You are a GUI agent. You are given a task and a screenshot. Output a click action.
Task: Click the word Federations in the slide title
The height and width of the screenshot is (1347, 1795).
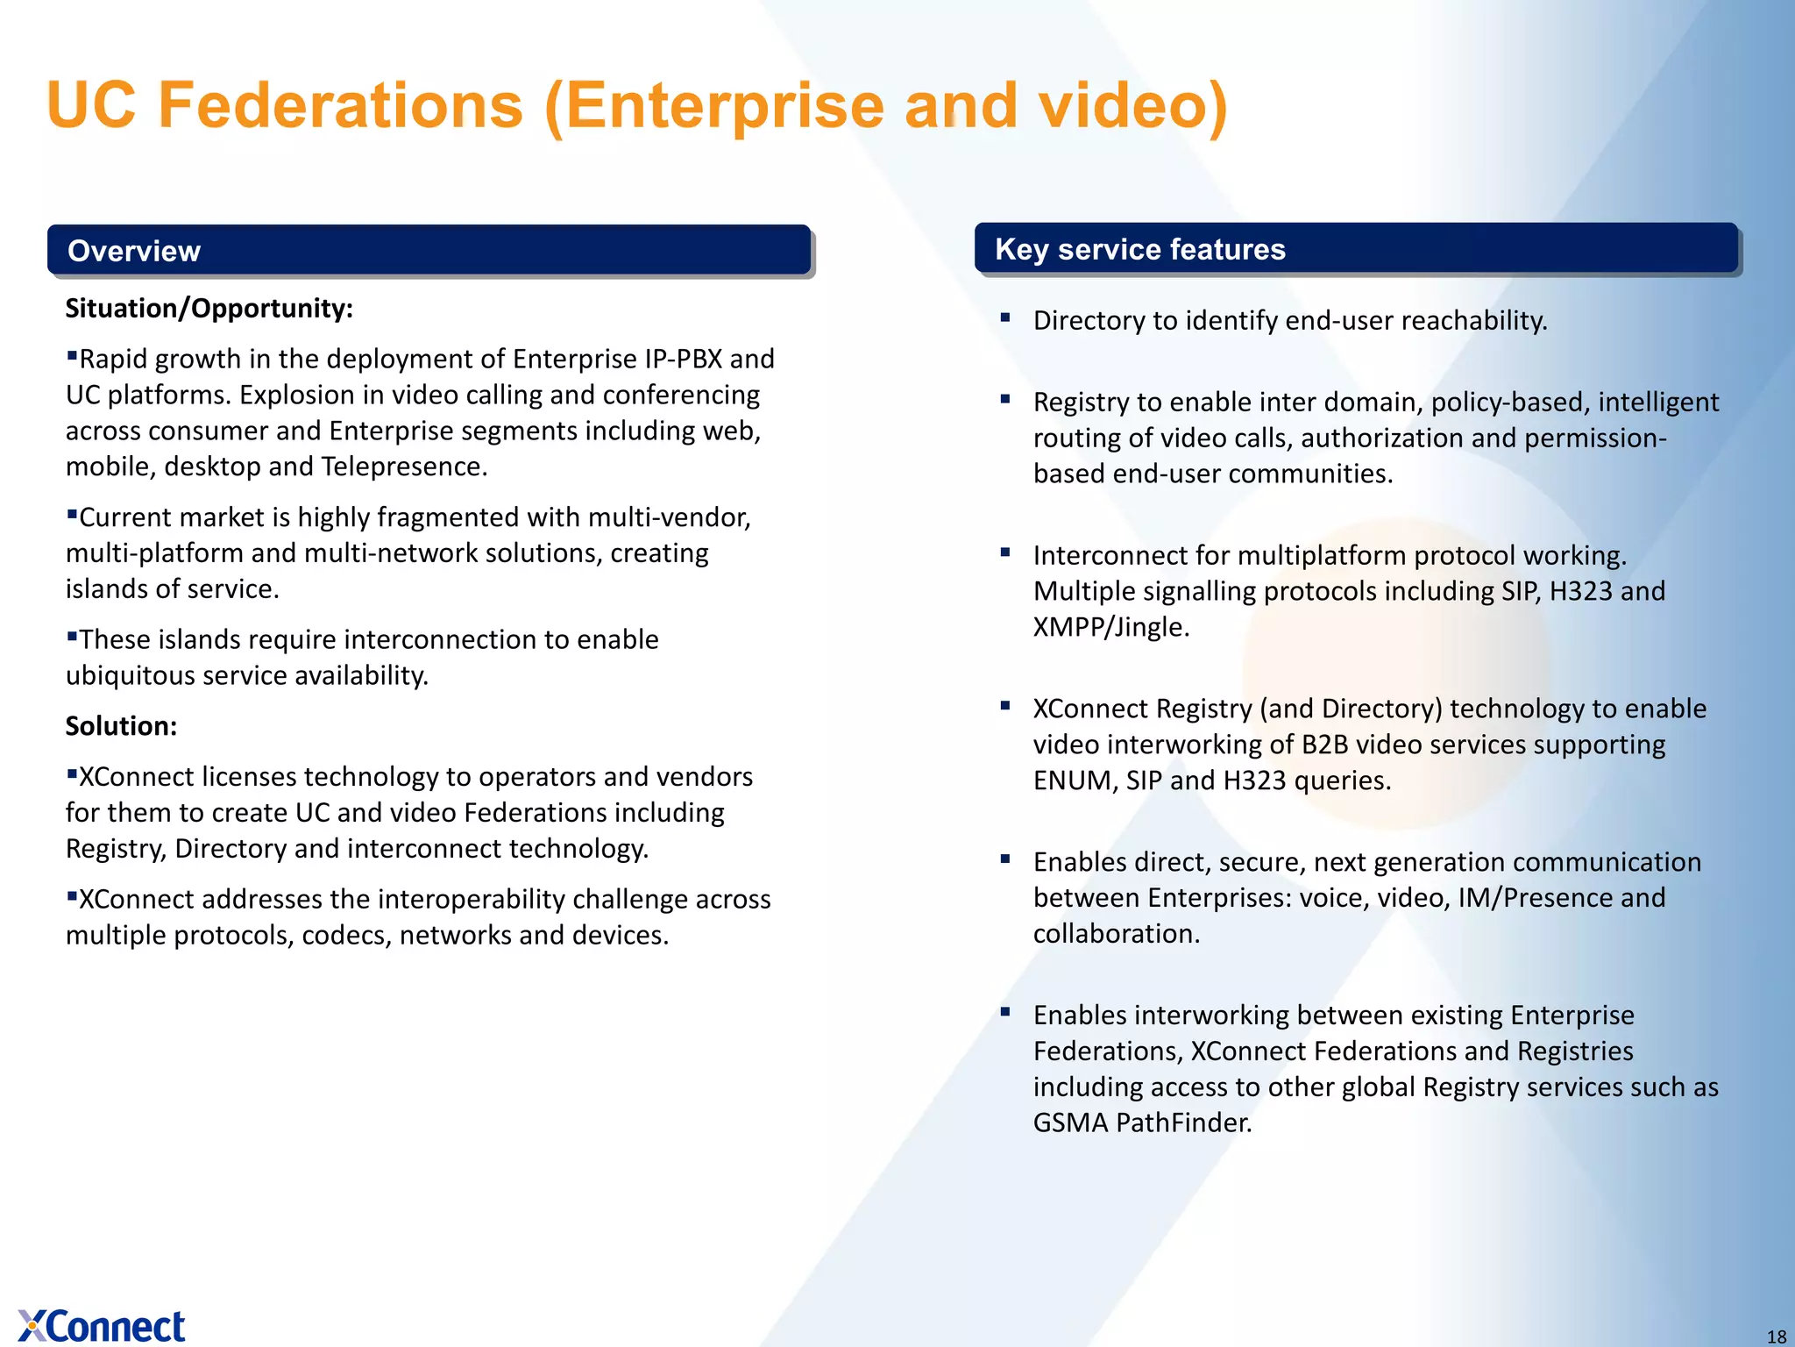[x=340, y=105]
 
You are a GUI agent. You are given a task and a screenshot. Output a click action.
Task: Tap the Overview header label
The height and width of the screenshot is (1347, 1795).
[x=134, y=252]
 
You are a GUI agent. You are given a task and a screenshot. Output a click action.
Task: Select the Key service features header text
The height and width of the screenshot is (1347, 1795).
[x=1139, y=250]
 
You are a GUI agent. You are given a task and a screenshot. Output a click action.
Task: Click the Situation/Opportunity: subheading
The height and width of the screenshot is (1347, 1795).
[x=209, y=309]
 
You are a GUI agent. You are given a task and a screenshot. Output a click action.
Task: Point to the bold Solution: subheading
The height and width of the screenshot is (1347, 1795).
[x=121, y=726]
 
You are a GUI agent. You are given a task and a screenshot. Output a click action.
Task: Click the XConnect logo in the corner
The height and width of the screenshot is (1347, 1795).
[x=102, y=1325]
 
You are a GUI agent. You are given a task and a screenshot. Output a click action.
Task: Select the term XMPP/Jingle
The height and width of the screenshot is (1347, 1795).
[x=1110, y=628]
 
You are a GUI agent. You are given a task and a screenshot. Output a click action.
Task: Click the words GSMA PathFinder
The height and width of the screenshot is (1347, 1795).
[x=1141, y=1123]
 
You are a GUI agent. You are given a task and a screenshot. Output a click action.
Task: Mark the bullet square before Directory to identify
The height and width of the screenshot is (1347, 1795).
[x=1005, y=317]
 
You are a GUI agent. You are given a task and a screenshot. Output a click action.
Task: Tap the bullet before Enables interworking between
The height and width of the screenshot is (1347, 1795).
[x=1005, y=1012]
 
